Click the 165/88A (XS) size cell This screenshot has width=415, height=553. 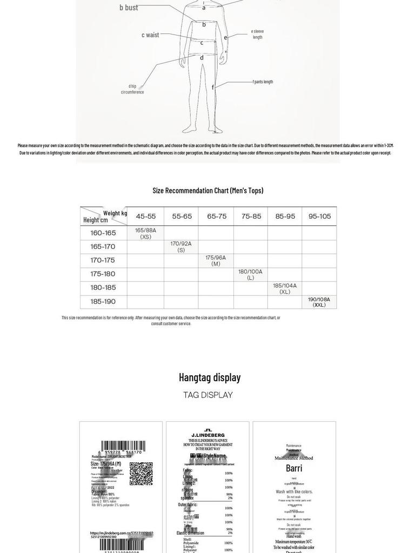click(x=145, y=233)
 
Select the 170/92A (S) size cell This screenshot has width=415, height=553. click(x=181, y=247)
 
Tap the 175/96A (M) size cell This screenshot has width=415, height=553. click(x=216, y=260)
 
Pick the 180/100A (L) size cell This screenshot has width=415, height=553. click(x=250, y=274)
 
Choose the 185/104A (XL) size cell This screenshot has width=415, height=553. click(x=285, y=288)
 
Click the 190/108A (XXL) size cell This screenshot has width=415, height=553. click(x=319, y=302)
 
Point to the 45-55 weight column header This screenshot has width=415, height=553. click(x=146, y=217)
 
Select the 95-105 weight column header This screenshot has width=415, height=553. click(x=319, y=217)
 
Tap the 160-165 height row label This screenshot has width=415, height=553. click(x=103, y=233)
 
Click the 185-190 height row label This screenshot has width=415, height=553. click(x=103, y=302)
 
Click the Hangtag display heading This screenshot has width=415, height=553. click(x=210, y=377)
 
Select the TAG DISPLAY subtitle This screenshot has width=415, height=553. click(x=208, y=395)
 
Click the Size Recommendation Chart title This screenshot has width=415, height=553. click(x=208, y=190)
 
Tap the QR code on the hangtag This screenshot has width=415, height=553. click(x=141, y=473)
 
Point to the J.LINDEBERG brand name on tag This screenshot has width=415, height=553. click(x=208, y=435)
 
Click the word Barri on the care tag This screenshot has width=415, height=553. click(x=294, y=468)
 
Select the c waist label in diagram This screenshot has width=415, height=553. click(x=151, y=35)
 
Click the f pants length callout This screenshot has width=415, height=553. click(x=263, y=82)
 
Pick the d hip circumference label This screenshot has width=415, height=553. click(x=132, y=89)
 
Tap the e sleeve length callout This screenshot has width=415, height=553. click(x=258, y=34)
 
